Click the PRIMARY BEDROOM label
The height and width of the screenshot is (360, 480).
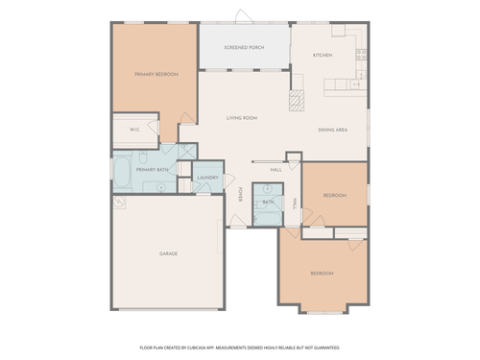click(156, 74)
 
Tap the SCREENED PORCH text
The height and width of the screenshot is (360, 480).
click(244, 46)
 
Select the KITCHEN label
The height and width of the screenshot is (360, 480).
click(323, 55)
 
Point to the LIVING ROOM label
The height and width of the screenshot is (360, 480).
click(242, 118)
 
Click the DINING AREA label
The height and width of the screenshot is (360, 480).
click(333, 130)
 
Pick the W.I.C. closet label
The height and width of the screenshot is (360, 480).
click(136, 130)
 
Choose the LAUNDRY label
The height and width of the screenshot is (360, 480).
click(208, 178)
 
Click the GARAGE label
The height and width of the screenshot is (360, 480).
click(168, 253)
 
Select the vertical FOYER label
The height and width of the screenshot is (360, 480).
click(240, 195)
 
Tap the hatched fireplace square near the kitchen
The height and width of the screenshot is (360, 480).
click(297, 96)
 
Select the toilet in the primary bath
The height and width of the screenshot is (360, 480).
click(142, 156)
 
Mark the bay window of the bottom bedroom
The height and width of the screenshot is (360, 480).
click(324, 308)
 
